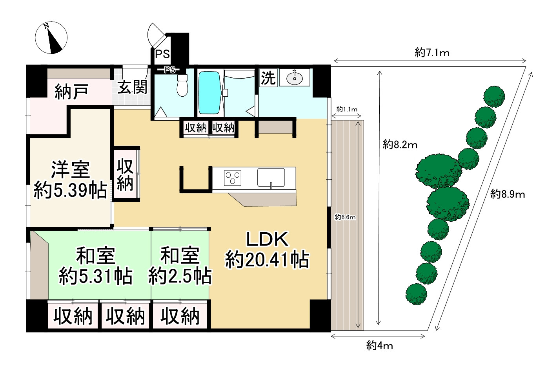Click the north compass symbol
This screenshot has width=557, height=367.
click(51, 38)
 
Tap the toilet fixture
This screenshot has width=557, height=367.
click(182, 85)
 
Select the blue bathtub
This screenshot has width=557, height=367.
click(210, 93)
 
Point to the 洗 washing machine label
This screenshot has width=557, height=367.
click(268, 78)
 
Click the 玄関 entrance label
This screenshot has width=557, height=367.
click(133, 87)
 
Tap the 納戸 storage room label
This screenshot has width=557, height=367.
click(71, 92)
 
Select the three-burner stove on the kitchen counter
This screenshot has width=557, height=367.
click(233, 178)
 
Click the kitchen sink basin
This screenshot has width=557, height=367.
click(271, 177)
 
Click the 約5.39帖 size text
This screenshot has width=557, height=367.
click(70, 190)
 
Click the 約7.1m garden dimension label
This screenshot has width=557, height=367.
click(432, 53)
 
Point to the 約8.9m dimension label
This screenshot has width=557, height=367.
click(508, 194)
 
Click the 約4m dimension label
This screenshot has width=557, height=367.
click(379, 346)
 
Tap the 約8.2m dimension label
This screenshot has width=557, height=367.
click(400, 145)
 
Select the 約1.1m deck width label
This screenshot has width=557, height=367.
click(347, 109)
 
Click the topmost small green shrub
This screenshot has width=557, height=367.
click(494, 96)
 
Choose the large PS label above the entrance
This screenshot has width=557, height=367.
click(162, 54)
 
